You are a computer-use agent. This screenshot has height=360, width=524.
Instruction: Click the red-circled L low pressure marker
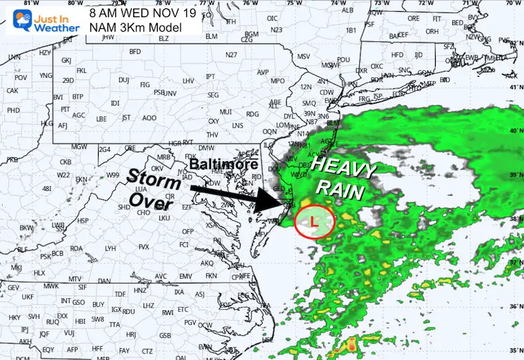314,221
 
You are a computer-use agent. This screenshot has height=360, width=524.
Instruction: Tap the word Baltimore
224,165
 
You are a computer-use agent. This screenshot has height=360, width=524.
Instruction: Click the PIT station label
65,109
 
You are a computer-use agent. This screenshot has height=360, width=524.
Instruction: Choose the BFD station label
135,52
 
